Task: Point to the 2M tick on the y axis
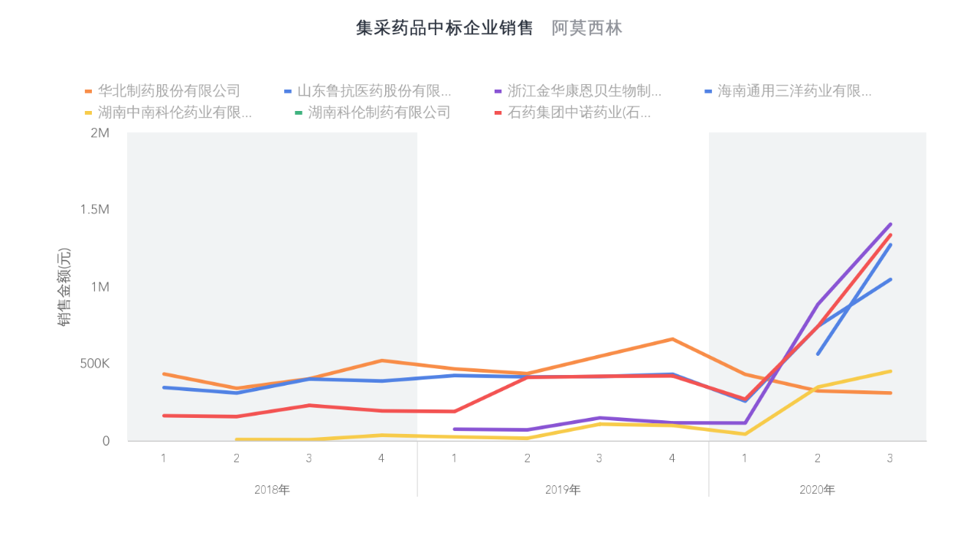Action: point(100,132)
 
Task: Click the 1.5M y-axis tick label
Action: point(94,210)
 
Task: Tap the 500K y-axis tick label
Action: point(94,364)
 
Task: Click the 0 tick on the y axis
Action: point(106,441)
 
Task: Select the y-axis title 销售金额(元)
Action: point(64,287)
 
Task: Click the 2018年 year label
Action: point(272,490)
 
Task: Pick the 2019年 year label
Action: point(563,490)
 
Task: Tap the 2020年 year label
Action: point(817,490)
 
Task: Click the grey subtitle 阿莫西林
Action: point(586,28)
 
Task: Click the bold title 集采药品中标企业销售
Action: point(445,28)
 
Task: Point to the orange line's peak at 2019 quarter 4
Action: point(672,339)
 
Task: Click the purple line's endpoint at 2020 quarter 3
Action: point(890,225)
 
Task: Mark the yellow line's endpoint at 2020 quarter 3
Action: point(890,371)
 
